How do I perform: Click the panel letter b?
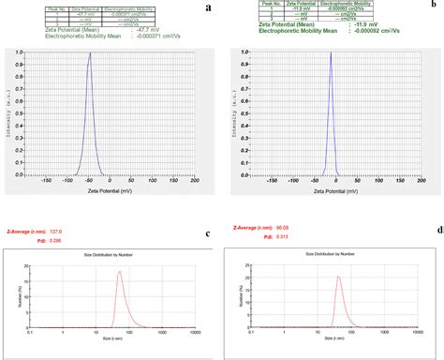coord(433,5)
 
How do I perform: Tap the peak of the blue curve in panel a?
coord(90,53)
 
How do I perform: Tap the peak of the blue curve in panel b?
coord(331,52)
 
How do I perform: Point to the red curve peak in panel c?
coord(119,272)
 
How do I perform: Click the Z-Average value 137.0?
coord(55,231)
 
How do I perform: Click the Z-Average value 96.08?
coord(280,227)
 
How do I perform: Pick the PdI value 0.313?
coord(279,235)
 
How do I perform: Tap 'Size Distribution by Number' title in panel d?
coord(333,253)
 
